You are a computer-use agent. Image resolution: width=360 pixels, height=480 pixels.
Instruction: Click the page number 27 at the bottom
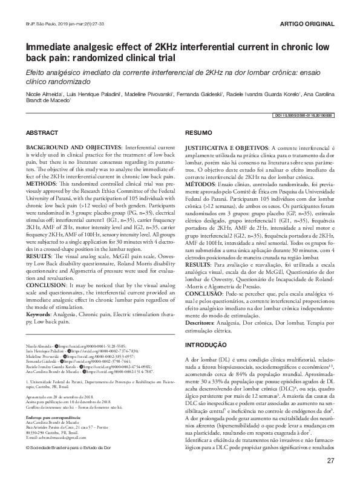(330, 461)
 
